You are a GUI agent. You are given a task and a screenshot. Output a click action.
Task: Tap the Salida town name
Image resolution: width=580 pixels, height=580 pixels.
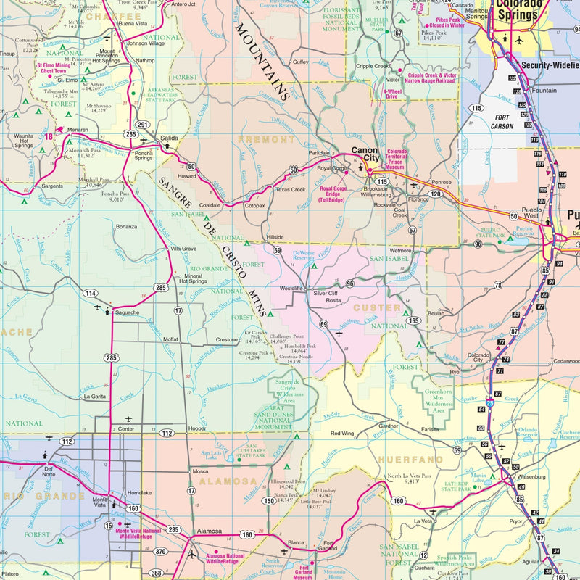(x=169, y=137)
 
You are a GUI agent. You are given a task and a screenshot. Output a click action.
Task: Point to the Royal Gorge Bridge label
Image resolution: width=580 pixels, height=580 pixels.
(x=332, y=194)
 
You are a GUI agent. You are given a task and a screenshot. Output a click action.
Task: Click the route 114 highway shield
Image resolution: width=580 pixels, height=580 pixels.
(x=90, y=294)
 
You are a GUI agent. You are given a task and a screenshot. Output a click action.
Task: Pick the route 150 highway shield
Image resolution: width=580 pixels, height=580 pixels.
(x=268, y=500)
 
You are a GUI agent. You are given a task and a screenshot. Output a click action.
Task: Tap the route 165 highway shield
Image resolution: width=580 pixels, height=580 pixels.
(x=413, y=320)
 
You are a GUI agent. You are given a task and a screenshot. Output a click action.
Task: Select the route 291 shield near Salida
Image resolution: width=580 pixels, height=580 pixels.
(x=144, y=125)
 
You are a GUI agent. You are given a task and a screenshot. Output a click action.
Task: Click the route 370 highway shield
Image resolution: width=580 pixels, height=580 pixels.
(x=160, y=552)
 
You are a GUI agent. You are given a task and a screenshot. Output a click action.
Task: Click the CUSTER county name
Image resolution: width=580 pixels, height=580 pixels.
(x=397, y=308)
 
